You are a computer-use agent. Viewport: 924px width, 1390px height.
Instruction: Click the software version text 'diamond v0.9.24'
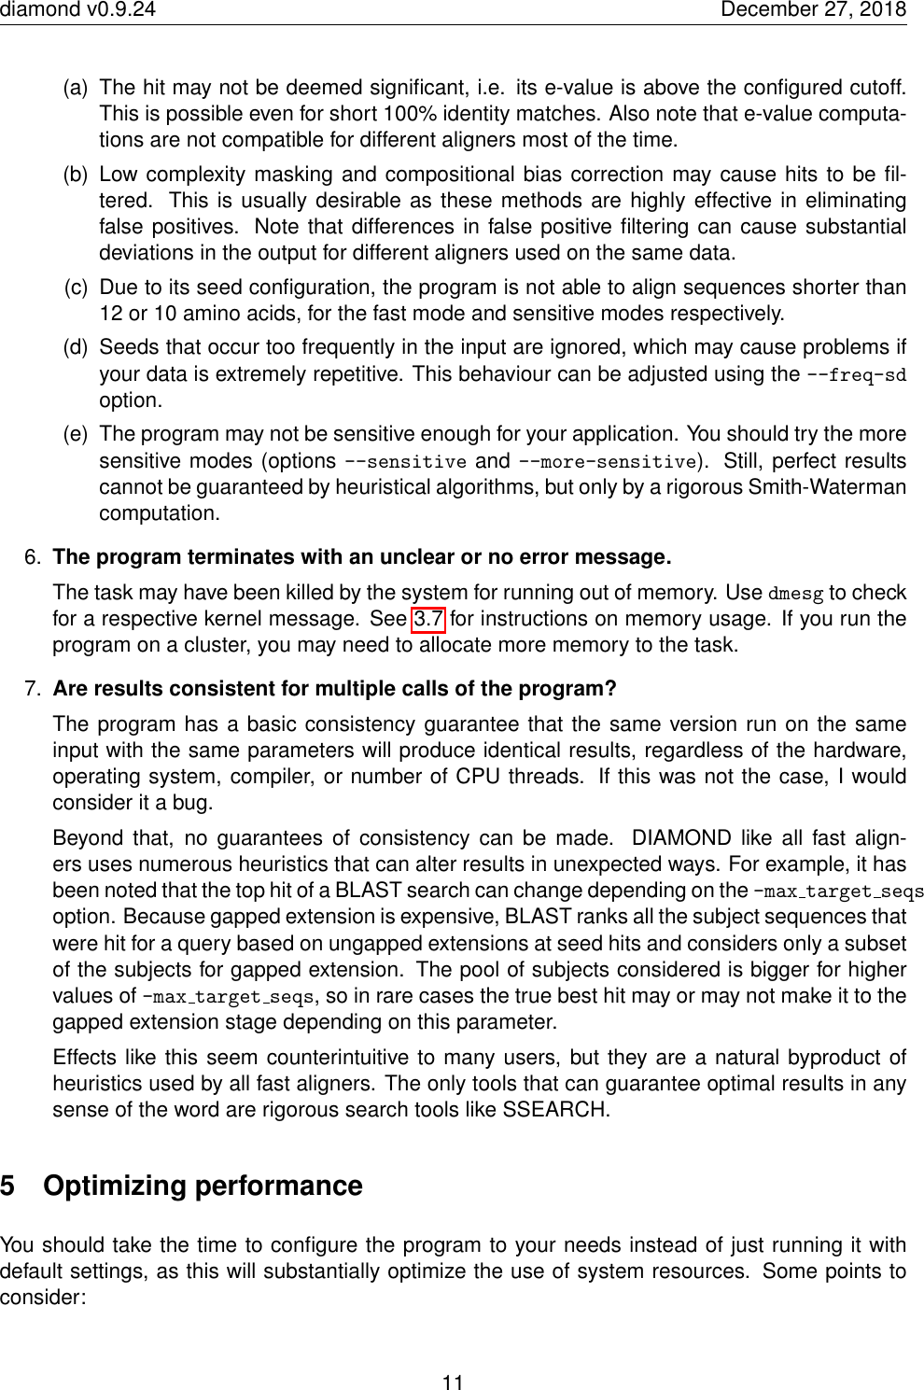77,9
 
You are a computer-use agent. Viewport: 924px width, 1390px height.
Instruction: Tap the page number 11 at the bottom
453,1383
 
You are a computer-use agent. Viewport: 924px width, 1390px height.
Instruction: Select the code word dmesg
795,594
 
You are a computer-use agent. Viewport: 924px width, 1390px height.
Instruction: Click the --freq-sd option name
856,375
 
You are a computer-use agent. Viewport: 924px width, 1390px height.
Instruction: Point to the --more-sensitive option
607,462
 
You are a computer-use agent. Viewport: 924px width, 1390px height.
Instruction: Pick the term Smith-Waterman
827,487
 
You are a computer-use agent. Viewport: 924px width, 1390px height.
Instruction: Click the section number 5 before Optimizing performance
8,1186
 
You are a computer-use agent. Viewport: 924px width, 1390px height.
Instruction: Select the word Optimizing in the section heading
113,1186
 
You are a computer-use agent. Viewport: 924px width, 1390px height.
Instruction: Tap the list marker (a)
76,88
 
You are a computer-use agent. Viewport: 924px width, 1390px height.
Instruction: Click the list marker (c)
77,288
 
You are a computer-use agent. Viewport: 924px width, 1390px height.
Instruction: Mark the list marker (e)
76,434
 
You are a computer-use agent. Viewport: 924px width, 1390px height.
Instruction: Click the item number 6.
33,557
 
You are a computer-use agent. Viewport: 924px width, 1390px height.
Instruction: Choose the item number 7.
33,689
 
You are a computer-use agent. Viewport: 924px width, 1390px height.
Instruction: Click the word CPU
478,777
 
